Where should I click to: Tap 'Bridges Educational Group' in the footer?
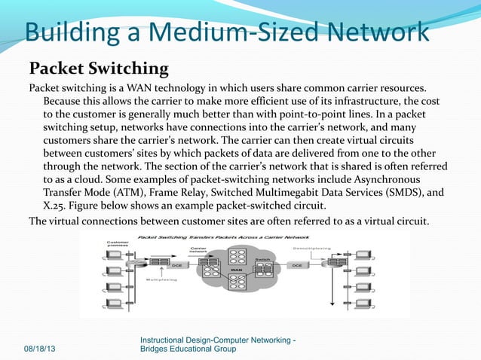coord(188,349)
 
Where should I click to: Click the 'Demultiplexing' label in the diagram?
coord(309,248)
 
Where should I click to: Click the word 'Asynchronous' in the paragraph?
coord(403,179)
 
